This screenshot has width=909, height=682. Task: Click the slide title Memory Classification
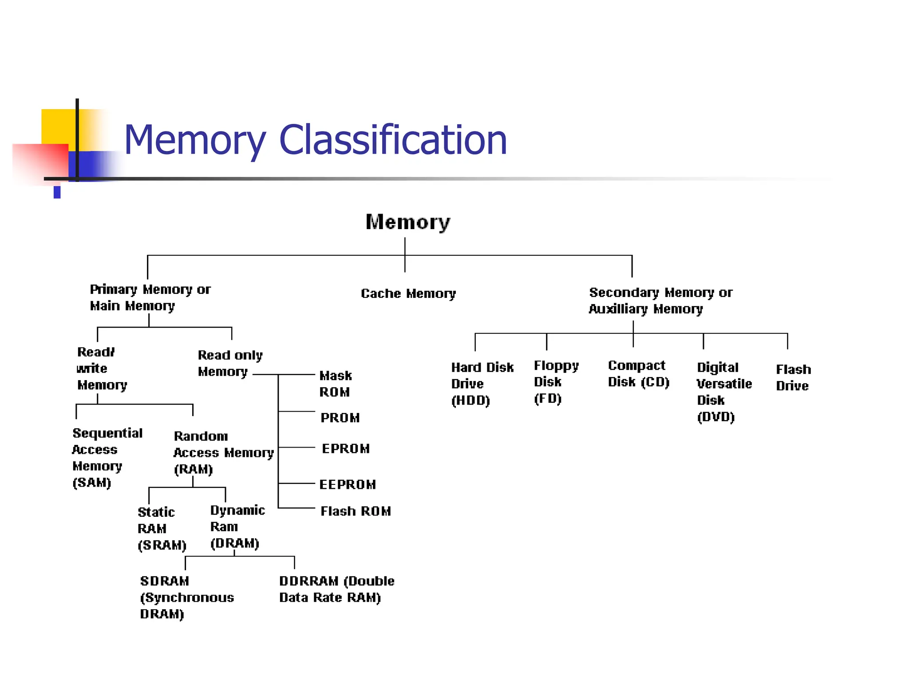pyautogui.click(x=315, y=140)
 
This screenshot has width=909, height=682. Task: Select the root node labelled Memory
pyautogui.click(x=407, y=222)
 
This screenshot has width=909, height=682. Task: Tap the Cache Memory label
pyautogui.click(x=408, y=293)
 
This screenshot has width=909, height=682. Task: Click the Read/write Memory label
pyautogui.click(x=101, y=369)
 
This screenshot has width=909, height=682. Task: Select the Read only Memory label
pyautogui.click(x=229, y=363)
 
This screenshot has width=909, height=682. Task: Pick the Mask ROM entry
pyautogui.click(x=335, y=384)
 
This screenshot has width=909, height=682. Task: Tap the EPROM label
pyautogui.click(x=345, y=448)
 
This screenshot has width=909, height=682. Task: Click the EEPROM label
pyautogui.click(x=347, y=484)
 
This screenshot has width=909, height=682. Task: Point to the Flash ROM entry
pyautogui.click(x=355, y=511)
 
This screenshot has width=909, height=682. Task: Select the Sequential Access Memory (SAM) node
pyautogui.click(x=107, y=458)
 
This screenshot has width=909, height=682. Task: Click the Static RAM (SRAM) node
pyautogui.click(x=161, y=528)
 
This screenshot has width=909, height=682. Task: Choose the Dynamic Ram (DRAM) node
pyautogui.click(x=237, y=527)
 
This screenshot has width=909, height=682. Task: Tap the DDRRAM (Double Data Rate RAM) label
pyautogui.click(x=336, y=589)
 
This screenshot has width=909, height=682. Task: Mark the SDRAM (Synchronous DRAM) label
pyautogui.click(x=186, y=597)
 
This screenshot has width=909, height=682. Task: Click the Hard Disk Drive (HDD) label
pyautogui.click(x=482, y=384)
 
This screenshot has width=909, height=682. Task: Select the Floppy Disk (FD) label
pyautogui.click(x=555, y=382)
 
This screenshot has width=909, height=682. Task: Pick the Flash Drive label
pyautogui.click(x=793, y=377)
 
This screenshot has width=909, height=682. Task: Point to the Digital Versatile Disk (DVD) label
pyautogui.click(x=723, y=392)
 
